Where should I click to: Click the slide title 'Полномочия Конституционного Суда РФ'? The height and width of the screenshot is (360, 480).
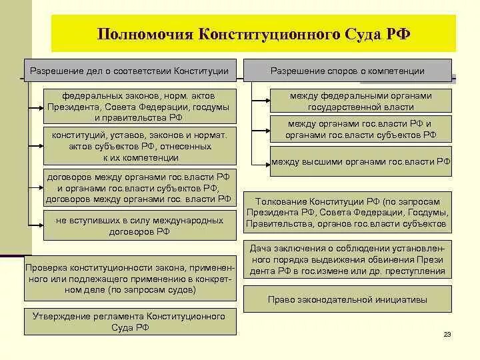tap(253, 34)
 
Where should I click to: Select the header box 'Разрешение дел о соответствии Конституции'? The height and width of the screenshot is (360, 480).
tap(131, 71)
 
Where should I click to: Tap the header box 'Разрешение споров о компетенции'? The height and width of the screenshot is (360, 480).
tap(347, 71)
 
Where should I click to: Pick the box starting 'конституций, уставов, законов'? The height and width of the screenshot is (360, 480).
tap(139, 146)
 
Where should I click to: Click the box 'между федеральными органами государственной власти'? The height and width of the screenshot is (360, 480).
tap(361, 101)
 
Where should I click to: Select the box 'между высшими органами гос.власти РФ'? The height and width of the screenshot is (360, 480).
tap(361, 161)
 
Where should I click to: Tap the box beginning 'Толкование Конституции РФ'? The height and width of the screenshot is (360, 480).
tap(347, 213)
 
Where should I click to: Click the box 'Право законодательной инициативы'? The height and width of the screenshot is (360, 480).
tap(347, 299)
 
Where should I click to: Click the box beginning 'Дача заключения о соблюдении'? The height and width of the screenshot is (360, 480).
tap(347, 259)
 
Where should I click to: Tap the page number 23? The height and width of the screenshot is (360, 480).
tap(447, 335)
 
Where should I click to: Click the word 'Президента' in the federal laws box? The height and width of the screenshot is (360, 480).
tap(71, 107)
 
